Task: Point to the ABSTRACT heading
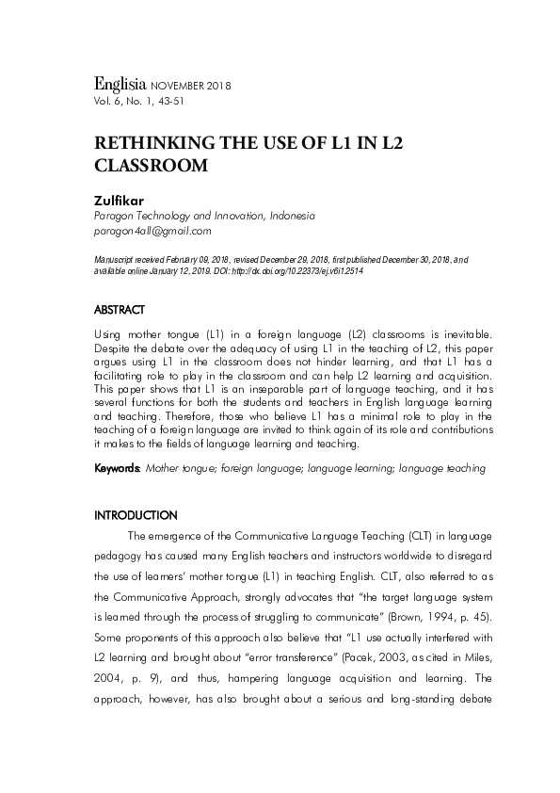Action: coord(119,309)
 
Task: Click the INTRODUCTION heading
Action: coord(136,515)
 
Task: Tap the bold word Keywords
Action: coord(116,467)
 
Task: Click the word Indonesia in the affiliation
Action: coord(292,216)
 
